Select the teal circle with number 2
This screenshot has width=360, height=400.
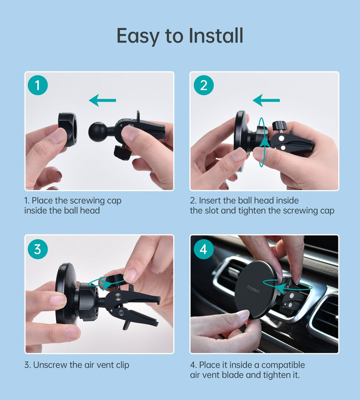pyautogui.click(x=203, y=85)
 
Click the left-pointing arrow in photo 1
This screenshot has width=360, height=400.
pyautogui.click(x=103, y=100)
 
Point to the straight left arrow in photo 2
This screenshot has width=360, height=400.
pyautogui.click(x=266, y=100)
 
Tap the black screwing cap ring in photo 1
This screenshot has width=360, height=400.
pyautogui.click(x=67, y=130)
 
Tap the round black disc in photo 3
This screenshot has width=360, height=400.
pyautogui.click(x=65, y=300)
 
